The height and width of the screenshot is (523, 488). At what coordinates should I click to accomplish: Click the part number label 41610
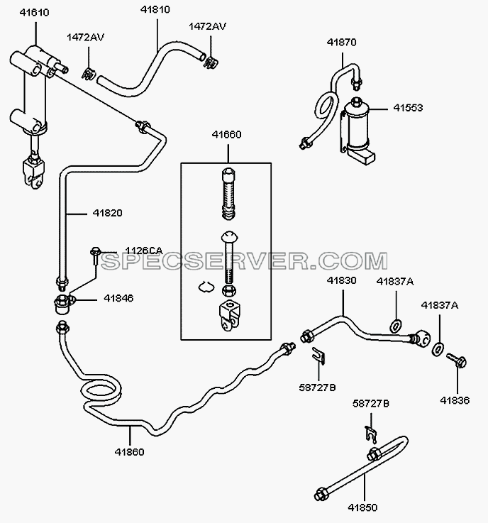[x=34, y=13]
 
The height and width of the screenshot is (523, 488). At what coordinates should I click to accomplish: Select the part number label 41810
[x=155, y=10]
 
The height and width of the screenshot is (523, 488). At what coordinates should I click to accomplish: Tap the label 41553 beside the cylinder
[x=408, y=108]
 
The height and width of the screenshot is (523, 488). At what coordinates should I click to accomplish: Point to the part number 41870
[x=342, y=43]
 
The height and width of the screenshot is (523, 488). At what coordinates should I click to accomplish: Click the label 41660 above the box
[x=227, y=135]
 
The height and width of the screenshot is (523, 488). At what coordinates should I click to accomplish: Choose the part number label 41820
[x=107, y=213]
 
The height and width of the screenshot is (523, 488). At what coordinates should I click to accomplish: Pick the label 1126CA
[x=144, y=251]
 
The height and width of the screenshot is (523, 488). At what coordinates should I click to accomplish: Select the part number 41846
[x=118, y=298]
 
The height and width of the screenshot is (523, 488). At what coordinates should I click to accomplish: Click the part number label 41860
[x=129, y=452]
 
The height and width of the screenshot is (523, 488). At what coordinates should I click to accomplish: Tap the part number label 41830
[x=342, y=280]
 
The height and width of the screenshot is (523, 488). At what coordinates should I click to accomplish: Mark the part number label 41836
[x=455, y=400]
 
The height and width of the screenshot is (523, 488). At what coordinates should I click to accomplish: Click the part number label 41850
[x=362, y=507]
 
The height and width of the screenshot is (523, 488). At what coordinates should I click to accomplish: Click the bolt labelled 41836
[x=457, y=360]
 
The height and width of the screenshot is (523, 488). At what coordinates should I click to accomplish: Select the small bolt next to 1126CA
[x=95, y=255]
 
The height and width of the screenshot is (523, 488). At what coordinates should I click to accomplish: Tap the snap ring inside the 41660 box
[x=206, y=286]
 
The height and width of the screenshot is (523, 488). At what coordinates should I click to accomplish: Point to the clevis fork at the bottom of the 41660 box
[x=230, y=316]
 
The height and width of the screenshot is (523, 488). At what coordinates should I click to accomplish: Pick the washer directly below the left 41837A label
[x=396, y=326]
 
